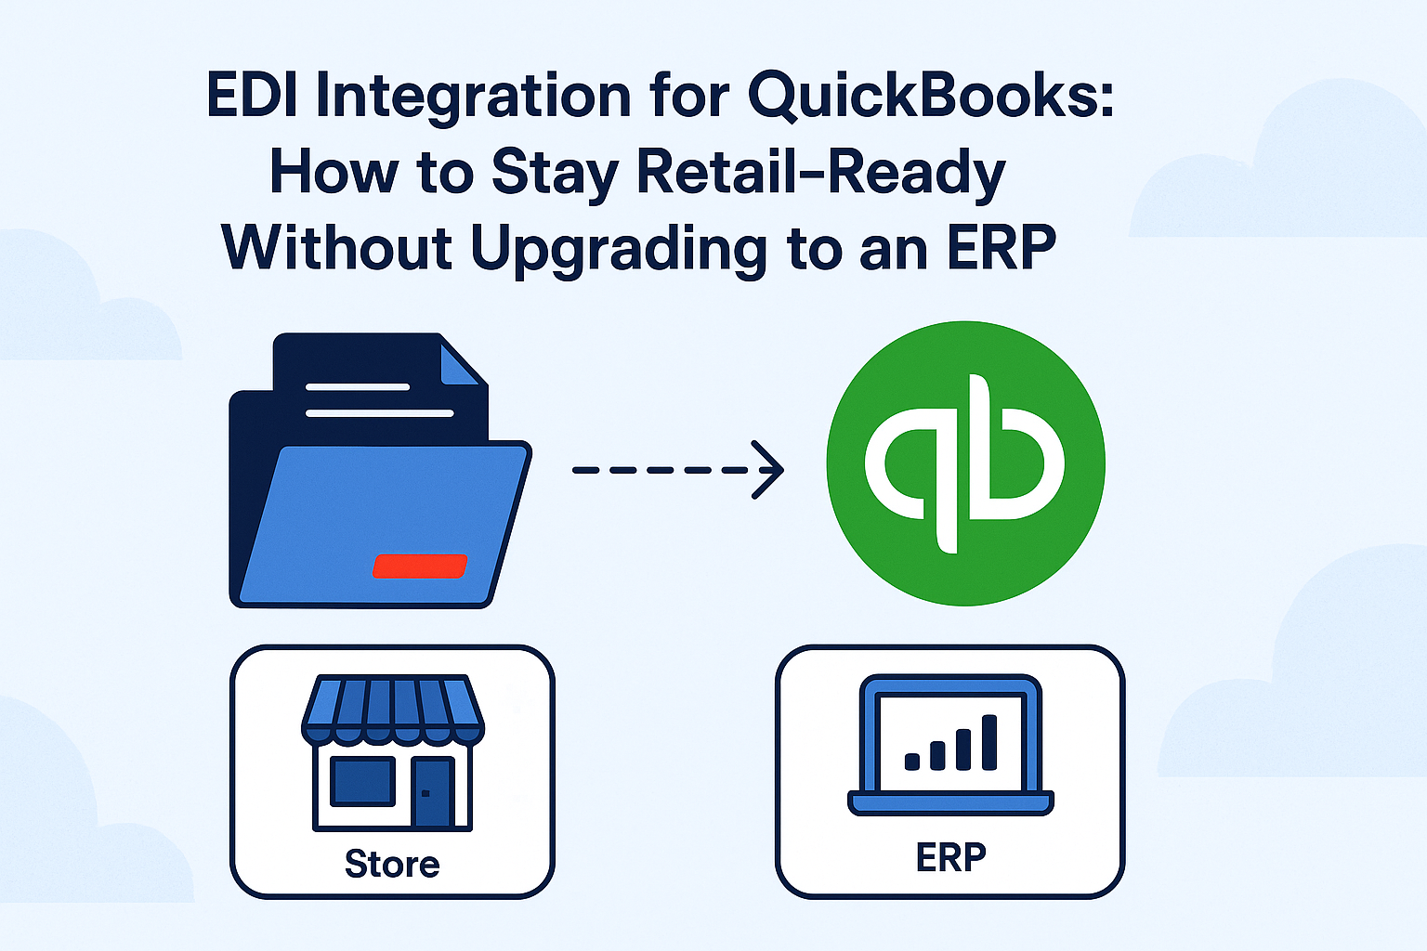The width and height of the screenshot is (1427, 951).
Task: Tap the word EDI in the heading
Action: (x=251, y=96)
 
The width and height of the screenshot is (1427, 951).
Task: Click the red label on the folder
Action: (x=419, y=566)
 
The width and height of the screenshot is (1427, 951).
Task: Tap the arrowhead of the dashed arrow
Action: (x=769, y=470)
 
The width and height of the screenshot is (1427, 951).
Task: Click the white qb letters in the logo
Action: (x=964, y=463)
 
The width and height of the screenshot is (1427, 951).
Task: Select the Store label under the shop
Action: (x=392, y=864)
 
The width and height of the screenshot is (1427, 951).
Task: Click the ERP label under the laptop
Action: (x=950, y=857)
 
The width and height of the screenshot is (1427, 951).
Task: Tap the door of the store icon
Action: (x=432, y=792)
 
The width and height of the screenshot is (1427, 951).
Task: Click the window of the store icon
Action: (x=362, y=780)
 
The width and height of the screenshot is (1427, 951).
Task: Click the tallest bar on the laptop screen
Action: (x=989, y=742)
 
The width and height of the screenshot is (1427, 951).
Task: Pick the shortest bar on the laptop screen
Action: (x=912, y=762)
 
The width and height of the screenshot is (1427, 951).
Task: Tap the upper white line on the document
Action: (x=358, y=386)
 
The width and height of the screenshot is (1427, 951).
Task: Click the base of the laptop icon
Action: (x=950, y=802)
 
